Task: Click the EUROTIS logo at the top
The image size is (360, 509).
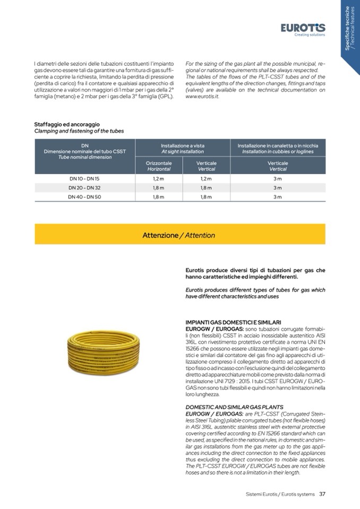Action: pyautogui.click(x=303, y=28)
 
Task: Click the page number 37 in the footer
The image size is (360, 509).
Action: pyautogui.click(x=322, y=494)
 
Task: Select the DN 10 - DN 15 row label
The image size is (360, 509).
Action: pyautogui.click(x=84, y=178)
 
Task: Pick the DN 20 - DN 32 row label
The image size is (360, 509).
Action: pyautogui.click(x=84, y=188)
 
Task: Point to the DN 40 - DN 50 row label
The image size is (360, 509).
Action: pyautogui.click(x=84, y=197)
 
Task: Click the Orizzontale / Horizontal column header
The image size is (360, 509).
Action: pyautogui.click(x=159, y=166)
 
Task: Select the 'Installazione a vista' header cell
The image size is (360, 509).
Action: pyautogui.click(x=182, y=148)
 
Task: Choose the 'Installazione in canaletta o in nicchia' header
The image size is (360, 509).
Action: pyautogui.click(x=278, y=148)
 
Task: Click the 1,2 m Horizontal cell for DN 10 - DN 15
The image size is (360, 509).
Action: pyautogui.click(x=159, y=178)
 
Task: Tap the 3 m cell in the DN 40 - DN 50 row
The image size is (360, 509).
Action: pyautogui.click(x=278, y=197)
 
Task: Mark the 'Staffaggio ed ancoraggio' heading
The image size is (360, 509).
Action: pyautogui.click(x=67, y=124)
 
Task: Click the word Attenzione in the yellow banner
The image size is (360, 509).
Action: pyautogui.click(x=160, y=235)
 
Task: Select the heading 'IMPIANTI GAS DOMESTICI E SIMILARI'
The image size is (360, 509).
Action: pyautogui.click(x=233, y=322)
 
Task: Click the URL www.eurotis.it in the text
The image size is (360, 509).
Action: pyautogui.click(x=202, y=97)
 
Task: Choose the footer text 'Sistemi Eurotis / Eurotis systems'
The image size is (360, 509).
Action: pyautogui.click(x=280, y=494)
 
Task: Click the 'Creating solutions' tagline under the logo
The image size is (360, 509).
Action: pyautogui.click(x=310, y=35)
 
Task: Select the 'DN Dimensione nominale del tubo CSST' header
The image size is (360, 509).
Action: pyautogui.click(x=85, y=151)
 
